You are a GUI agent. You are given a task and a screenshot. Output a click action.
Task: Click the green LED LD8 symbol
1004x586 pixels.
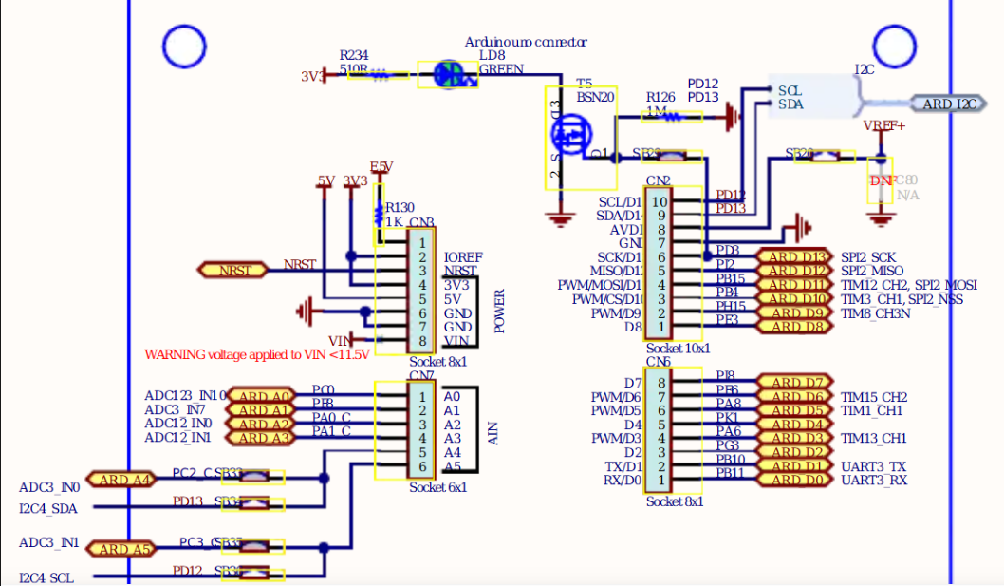click(449, 75)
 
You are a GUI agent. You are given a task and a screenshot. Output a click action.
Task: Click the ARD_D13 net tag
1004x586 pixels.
click(795, 256)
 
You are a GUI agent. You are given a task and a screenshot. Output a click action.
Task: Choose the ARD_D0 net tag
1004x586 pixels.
click(795, 480)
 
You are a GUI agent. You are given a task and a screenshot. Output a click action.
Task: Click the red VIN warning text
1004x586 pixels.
click(257, 354)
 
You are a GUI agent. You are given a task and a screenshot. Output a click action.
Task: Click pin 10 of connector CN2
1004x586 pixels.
click(660, 201)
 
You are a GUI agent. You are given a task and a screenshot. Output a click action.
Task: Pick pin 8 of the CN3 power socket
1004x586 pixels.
click(422, 341)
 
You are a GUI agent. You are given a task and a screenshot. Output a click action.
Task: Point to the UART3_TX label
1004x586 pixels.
click(873, 466)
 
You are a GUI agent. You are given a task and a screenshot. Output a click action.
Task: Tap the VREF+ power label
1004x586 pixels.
click(883, 125)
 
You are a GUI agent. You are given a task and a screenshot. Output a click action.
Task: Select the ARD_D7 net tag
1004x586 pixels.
click(795, 383)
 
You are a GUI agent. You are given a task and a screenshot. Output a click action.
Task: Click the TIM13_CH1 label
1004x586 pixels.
click(873, 438)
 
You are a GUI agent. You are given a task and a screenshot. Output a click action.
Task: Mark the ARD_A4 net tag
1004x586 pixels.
click(119, 479)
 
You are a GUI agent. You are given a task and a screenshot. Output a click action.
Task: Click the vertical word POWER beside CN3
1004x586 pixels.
click(499, 312)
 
